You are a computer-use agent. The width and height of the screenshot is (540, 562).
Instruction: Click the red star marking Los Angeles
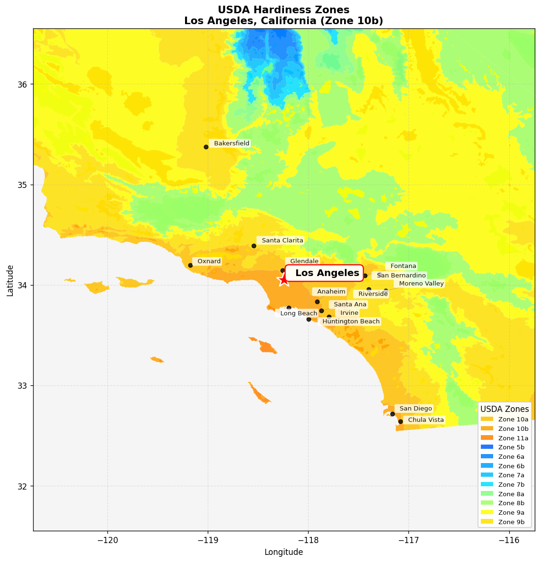coord(283,280)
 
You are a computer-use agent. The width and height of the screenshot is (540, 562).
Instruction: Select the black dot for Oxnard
coord(190,265)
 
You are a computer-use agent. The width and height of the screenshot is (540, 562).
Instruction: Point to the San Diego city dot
coord(392,414)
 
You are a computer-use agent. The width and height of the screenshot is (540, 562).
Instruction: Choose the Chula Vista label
coord(426,420)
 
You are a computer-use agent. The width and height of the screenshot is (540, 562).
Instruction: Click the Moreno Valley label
coord(421,284)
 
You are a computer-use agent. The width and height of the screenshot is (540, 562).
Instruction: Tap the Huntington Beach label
coord(351,321)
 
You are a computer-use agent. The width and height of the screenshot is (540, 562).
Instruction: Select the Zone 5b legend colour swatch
coord(487,447)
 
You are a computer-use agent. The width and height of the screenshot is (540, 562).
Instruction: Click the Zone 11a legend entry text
coord(513,438)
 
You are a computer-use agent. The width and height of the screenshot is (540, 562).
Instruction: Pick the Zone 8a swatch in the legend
coord(487,494)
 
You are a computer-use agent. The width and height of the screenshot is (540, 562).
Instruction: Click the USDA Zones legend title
coord(505,409)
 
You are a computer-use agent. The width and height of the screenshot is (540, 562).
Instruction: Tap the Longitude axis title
coord(283,552)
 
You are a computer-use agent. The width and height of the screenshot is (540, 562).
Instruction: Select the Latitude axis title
coord(10,280)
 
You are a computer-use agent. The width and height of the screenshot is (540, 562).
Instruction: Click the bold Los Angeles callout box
coord(325,273)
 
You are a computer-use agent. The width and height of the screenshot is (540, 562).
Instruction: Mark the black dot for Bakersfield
coord(206,147)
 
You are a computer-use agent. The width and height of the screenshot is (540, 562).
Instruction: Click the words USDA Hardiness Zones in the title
coord(283,10)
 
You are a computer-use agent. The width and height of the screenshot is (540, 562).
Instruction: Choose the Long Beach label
coord(298,313)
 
